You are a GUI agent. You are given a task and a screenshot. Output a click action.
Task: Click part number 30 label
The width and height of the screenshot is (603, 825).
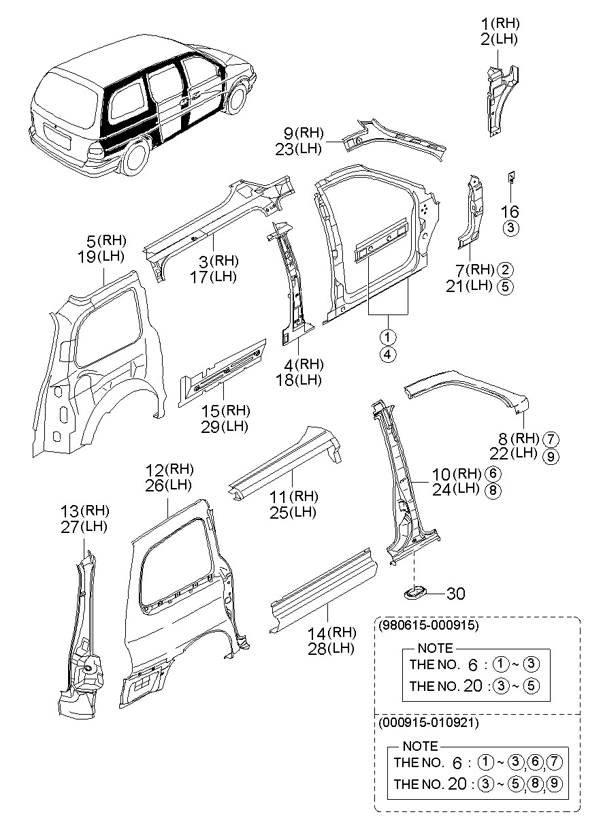(x=456, y=594)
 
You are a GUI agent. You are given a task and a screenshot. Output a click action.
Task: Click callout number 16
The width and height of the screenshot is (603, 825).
(x=510, y=212)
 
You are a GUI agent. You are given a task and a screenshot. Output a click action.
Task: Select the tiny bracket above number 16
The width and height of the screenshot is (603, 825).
(x=508, y=178)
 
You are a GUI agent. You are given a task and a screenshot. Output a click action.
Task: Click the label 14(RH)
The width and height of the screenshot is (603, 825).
(x=331, y=632)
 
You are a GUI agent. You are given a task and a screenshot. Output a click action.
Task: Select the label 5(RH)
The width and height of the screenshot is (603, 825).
(x=105, y=240)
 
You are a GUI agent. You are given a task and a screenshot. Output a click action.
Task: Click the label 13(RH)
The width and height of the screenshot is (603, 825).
(x=85, y=511)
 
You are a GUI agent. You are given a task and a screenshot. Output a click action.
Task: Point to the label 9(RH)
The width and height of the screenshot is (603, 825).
(x=304, y=133)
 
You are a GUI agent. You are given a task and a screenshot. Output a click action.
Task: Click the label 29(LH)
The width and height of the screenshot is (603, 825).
(x=225, y=427)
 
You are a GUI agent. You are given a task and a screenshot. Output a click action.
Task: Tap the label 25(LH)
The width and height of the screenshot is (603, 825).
(x=293, y=513)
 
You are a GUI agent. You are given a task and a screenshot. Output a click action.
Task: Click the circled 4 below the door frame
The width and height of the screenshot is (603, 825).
(x=388, y=354)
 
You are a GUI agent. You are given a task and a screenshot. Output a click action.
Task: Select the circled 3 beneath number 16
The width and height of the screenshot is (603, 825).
(x=510, y=228)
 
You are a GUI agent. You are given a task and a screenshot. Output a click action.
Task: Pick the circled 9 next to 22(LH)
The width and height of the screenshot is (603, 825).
(x=551, y=456)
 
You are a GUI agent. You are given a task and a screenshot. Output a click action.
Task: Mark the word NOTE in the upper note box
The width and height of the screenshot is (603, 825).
(x=434, y=649)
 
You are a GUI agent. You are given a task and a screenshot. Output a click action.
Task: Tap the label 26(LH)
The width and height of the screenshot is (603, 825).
(x=168, y=485)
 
